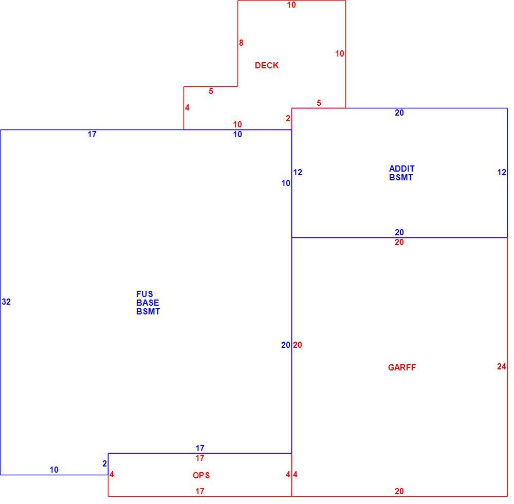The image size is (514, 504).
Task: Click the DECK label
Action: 266,66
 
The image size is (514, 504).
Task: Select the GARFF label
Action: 401,367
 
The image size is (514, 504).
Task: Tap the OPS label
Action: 201,475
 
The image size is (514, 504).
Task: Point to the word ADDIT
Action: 402,169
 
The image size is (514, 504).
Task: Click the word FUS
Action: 144,294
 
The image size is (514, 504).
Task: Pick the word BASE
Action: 148,303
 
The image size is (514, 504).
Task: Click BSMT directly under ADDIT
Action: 401,178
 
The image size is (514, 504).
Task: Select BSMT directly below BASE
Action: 148,312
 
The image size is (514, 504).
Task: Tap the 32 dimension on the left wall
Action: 6,302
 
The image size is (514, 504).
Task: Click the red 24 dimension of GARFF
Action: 502,366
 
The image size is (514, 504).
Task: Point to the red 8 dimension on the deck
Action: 241,43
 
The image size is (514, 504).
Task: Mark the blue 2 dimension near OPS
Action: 104,464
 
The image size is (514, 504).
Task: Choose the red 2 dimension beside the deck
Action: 288,119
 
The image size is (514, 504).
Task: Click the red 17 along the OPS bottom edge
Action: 200,491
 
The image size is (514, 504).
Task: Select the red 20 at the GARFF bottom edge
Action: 399,491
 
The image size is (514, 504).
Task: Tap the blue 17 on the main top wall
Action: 92,135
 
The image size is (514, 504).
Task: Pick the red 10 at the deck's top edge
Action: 291,5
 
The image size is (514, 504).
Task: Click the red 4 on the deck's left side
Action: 187,108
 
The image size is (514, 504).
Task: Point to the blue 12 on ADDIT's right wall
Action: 502,173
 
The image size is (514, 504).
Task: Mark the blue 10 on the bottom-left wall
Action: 54,470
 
